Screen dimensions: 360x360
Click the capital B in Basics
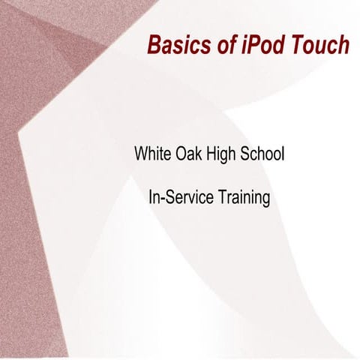tap(154, 45)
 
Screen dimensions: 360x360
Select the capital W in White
tap(141, 155)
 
